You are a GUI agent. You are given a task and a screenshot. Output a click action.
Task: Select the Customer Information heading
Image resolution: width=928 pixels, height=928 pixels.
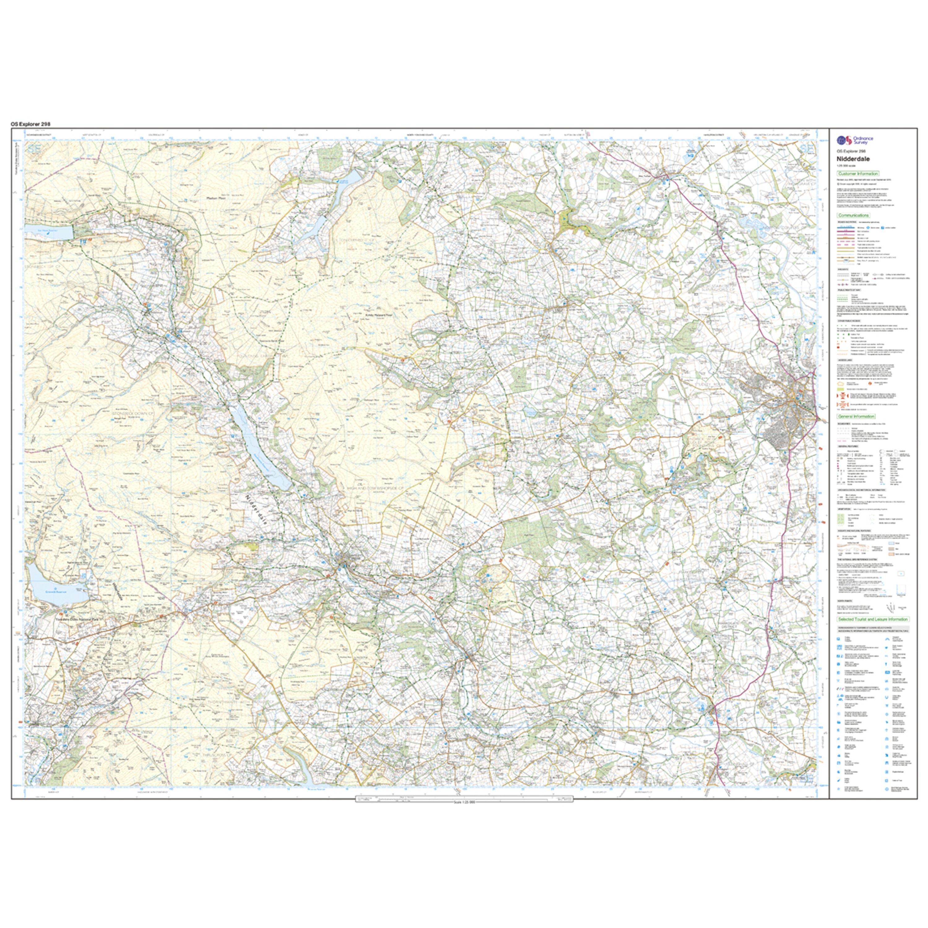858,174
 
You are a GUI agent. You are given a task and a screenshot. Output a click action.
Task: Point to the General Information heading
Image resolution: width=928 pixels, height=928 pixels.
856,416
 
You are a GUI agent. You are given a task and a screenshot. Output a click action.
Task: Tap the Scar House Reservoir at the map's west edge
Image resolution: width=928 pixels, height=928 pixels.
48,231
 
